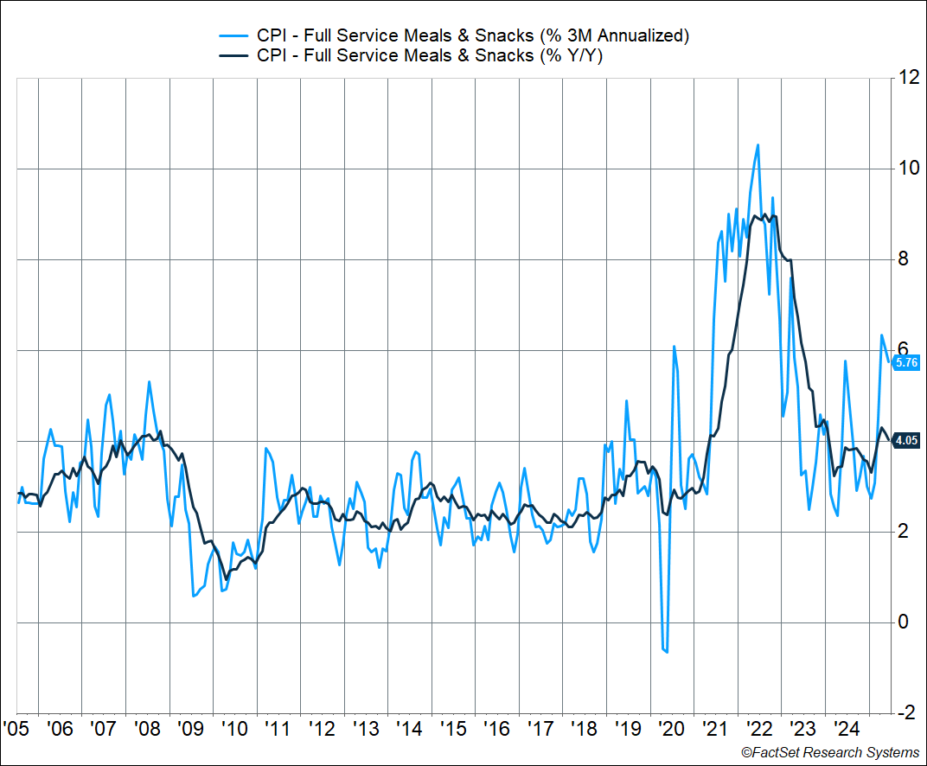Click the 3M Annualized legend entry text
473,35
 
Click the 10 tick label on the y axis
908,169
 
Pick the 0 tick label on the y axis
904,622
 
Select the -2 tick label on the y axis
906,713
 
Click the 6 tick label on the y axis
904,350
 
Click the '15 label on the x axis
451,729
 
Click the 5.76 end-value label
906,363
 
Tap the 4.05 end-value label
906,441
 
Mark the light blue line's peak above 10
758,145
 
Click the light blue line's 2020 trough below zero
666,651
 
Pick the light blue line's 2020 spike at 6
674,347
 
